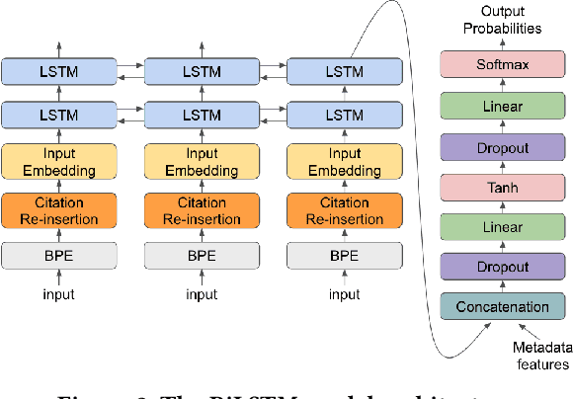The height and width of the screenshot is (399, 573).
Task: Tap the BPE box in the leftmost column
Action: click(59, 255)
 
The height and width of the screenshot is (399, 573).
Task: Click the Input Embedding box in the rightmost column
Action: click(345, 162)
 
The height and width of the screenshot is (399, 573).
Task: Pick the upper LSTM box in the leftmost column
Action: click(59, 71)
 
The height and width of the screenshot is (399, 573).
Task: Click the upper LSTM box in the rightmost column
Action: click(345, 71)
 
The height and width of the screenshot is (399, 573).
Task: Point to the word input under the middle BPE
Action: click(202, 294)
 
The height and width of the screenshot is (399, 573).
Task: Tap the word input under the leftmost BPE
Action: click(59, 294)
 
